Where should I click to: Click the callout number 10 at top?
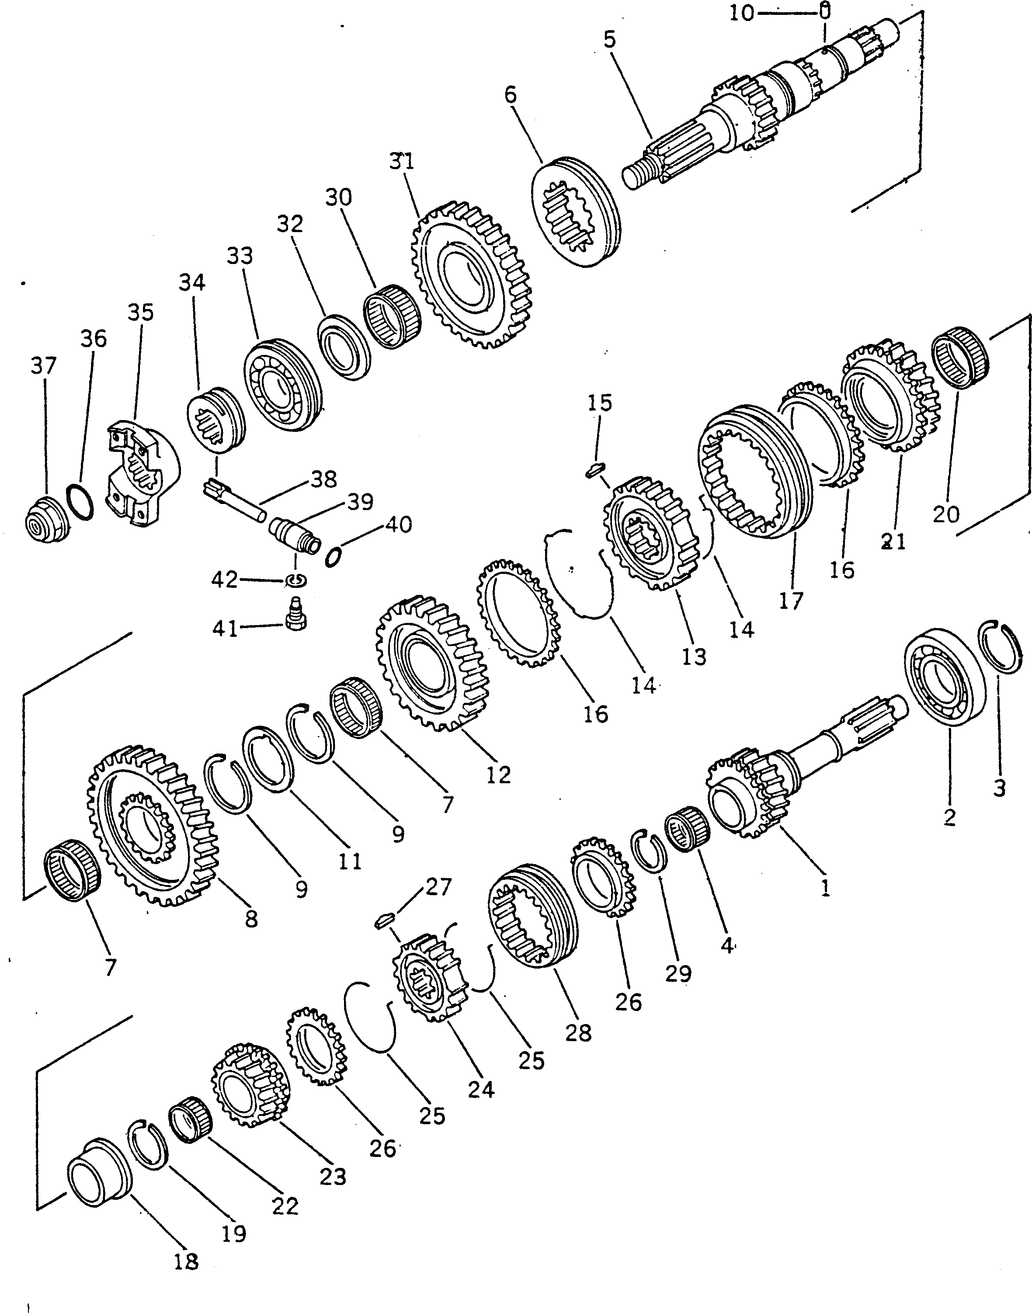[x=742, y=13]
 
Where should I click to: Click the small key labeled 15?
[x=595, y=469]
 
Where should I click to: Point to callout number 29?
[x=678, y=973]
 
